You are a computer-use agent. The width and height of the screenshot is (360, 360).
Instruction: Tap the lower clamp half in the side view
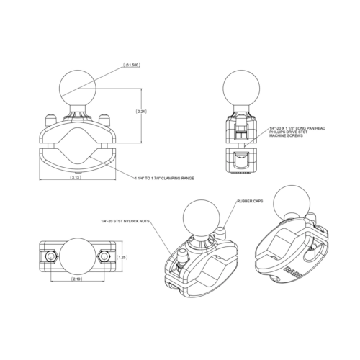pyautogui.click(x=244, y=163)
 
